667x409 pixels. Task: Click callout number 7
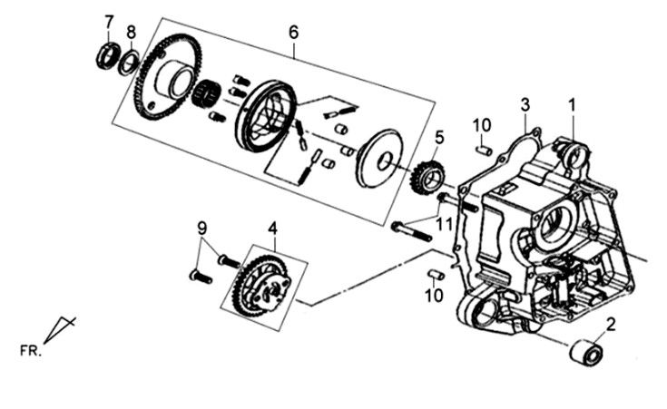point(110,22)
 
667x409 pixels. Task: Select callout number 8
point(132,33)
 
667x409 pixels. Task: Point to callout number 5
point(439,139)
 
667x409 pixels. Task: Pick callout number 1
point(572,104)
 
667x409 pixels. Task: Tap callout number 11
point(443,223)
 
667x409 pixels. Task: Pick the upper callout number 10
point(482,124)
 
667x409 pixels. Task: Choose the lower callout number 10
point(436,296)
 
